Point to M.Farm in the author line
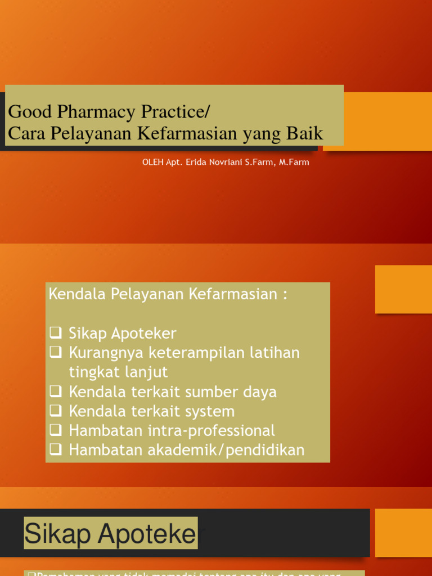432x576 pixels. [x=294, y=162]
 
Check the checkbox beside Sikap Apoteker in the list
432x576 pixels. [x=55, y=333]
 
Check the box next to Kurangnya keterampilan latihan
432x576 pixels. [x=55, y=353]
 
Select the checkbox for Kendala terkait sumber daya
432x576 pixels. [x=55, y=391]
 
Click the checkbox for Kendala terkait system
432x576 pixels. [x=55, y=411]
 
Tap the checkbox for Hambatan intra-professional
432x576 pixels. [x=55, y=430]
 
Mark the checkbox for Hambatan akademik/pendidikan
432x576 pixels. [x=55, y=449]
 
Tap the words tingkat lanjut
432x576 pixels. [x=118, y=372]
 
